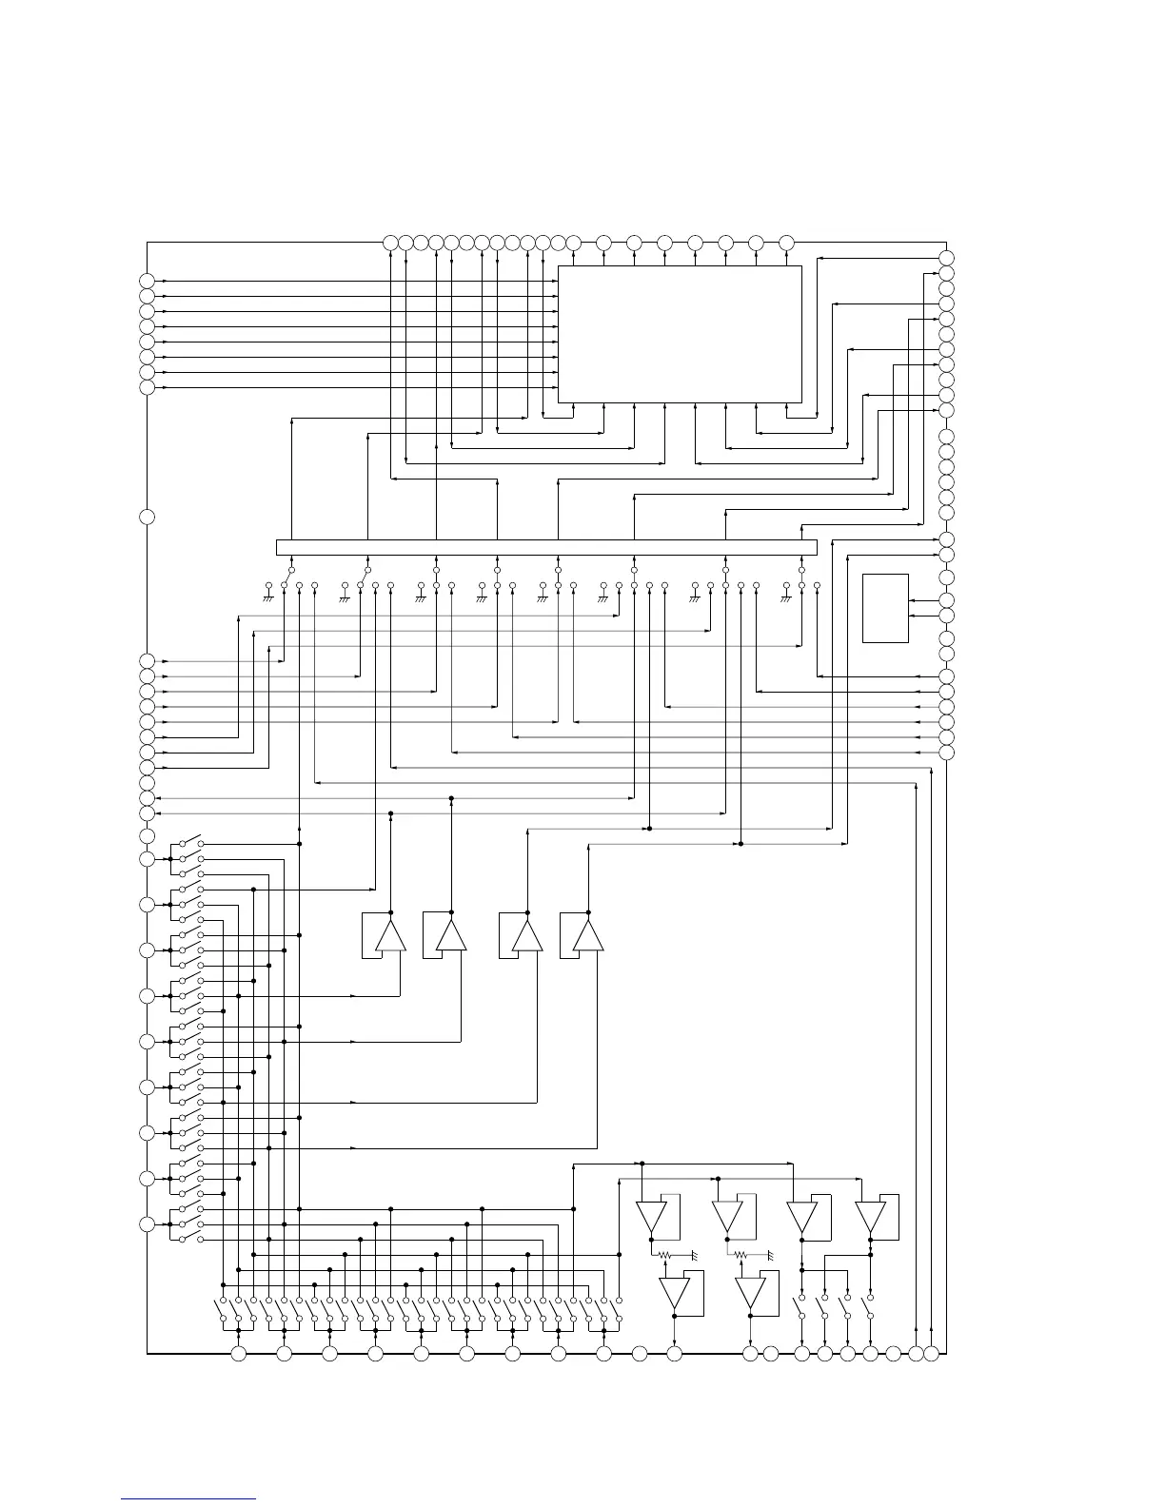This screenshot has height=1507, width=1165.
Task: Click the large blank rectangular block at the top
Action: [680, 334]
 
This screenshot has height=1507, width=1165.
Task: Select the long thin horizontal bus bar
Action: [546, 547]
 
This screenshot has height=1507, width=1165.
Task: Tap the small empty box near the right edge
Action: [885, 608]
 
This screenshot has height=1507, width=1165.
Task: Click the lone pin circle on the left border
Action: [147, 517]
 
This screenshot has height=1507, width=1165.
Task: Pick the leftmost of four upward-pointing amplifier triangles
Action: [390, 935]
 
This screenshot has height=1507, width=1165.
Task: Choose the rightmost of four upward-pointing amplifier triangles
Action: [587, 935]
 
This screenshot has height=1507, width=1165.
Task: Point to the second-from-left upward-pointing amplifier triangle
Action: [451, 935]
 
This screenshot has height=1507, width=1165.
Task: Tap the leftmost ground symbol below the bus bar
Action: [268, 597]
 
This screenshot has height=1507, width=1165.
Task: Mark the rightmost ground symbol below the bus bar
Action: [786, 597]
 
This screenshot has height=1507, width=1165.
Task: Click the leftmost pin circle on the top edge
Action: [390, 243]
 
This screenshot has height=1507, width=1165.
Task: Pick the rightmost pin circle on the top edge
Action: [786, 243]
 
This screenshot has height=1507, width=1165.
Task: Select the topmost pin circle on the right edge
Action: [946, 258]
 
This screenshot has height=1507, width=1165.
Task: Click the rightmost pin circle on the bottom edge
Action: [931, 1353]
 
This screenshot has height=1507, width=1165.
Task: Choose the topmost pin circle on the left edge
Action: [147, 281]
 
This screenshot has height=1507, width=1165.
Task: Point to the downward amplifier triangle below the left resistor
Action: [675, 1293]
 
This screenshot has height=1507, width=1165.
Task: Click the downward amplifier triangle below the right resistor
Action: [750, 1293]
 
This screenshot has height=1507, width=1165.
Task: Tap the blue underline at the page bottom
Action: [188, 1498]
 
